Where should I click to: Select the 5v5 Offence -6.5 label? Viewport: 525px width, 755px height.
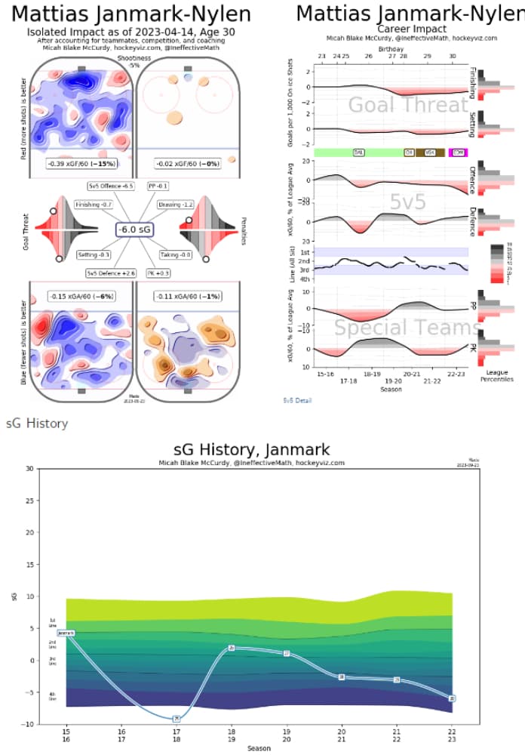[x=111, y=185]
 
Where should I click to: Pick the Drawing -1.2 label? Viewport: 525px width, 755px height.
[x=176, y=205]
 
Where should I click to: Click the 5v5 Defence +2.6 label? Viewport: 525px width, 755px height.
[x=110, y=273]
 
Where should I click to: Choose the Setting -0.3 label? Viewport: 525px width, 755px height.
[x=94, y=255]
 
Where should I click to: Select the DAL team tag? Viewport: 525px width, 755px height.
[x=359, y=153]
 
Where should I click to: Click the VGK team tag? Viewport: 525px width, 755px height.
[x=431, y=153]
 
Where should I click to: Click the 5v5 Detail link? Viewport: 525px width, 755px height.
[x=297, y=400]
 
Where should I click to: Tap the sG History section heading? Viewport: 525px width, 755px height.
[x=36, y=424]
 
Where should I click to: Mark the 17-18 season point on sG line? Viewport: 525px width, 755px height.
[x=177, y=719]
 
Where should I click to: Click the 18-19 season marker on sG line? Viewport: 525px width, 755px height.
[x=232, y=648]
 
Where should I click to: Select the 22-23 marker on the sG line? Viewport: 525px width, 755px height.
[x=451, y=698]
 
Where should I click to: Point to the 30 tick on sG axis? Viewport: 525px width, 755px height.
[x=29, y=469]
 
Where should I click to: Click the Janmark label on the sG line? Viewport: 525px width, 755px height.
[x=66, y=633]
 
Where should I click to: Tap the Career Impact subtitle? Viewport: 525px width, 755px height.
[x=392, y=29]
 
